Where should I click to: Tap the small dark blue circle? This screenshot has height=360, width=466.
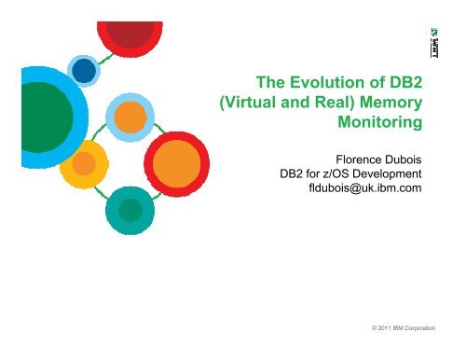87,69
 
